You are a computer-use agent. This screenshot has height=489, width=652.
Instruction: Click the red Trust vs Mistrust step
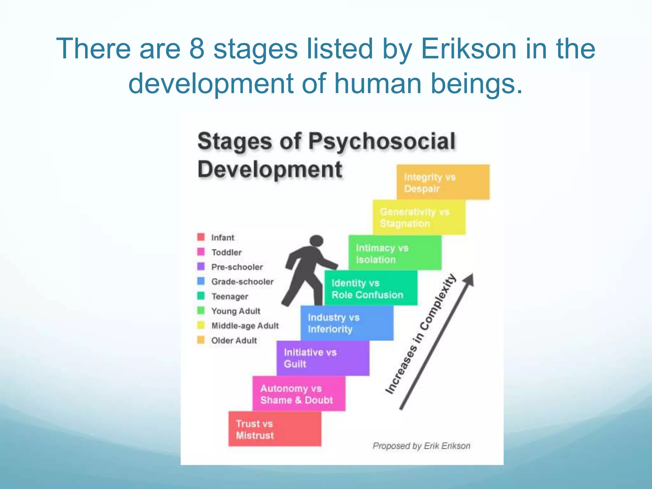(x=275, y=429)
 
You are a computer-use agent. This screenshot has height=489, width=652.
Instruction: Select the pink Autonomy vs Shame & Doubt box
(x=299, y=394)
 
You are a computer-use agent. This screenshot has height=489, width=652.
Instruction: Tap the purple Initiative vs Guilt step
(x=323, y=358)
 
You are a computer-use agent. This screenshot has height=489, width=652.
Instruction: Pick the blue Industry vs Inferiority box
(x=347, y=323)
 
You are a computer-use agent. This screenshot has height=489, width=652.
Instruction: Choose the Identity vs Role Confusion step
(x=371, y=288)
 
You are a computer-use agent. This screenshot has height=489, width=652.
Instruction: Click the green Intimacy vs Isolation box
(x=395, y=253)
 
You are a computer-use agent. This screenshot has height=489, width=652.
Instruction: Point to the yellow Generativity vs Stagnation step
(x=419, y=217)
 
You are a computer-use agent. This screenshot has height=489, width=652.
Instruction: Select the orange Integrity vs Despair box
(x=443, y=182)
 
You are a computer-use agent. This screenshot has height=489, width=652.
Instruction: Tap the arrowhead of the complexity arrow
(x=469, y=280)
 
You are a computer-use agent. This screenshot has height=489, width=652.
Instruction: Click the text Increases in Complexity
(x=421, y=334)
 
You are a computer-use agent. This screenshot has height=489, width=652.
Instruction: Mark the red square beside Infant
(x=201, y=237)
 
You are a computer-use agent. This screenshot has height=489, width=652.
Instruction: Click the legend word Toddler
(x=227, y=252)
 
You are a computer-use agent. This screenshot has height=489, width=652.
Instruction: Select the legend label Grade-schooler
(x=242, y=282)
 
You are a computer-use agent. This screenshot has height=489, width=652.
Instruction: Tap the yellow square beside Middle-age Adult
(x=201, y=325)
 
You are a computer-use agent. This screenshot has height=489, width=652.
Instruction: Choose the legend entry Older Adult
(x=234, y=340)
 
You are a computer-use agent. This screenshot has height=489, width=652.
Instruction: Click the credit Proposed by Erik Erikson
(x=421, y=446)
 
